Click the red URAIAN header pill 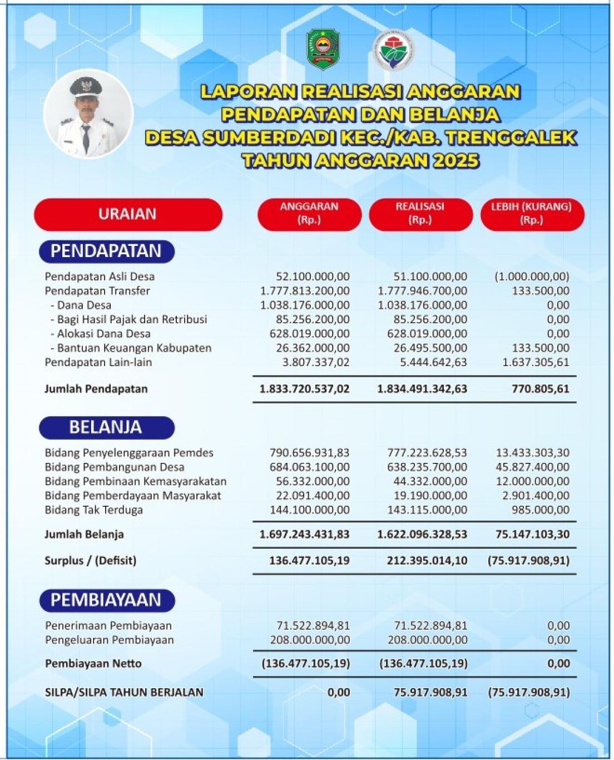(x=128, y=214)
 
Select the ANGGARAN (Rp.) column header (x=309, y=214)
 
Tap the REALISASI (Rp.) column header (x=420, y=214)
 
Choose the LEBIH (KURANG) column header (x=532, y=214)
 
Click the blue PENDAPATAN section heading (x=106, y=251)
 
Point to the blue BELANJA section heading (x=106, y=427)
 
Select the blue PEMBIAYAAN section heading (x=106, y=600)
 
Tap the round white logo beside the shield (x=392, y=50)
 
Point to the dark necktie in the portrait (x=85, y=139)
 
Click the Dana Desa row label (x=84, y=305)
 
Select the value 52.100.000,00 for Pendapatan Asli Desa (x=313, y=277)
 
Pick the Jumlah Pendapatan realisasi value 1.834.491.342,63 (x=422, y=389)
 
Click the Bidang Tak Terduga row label (x=93, y=510)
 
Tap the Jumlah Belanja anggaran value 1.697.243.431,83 (x=304, y=534)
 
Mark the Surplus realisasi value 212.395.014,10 (x=427, y=560)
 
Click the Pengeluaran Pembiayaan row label (x=109, y=640)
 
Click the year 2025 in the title (x=455, y=161)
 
